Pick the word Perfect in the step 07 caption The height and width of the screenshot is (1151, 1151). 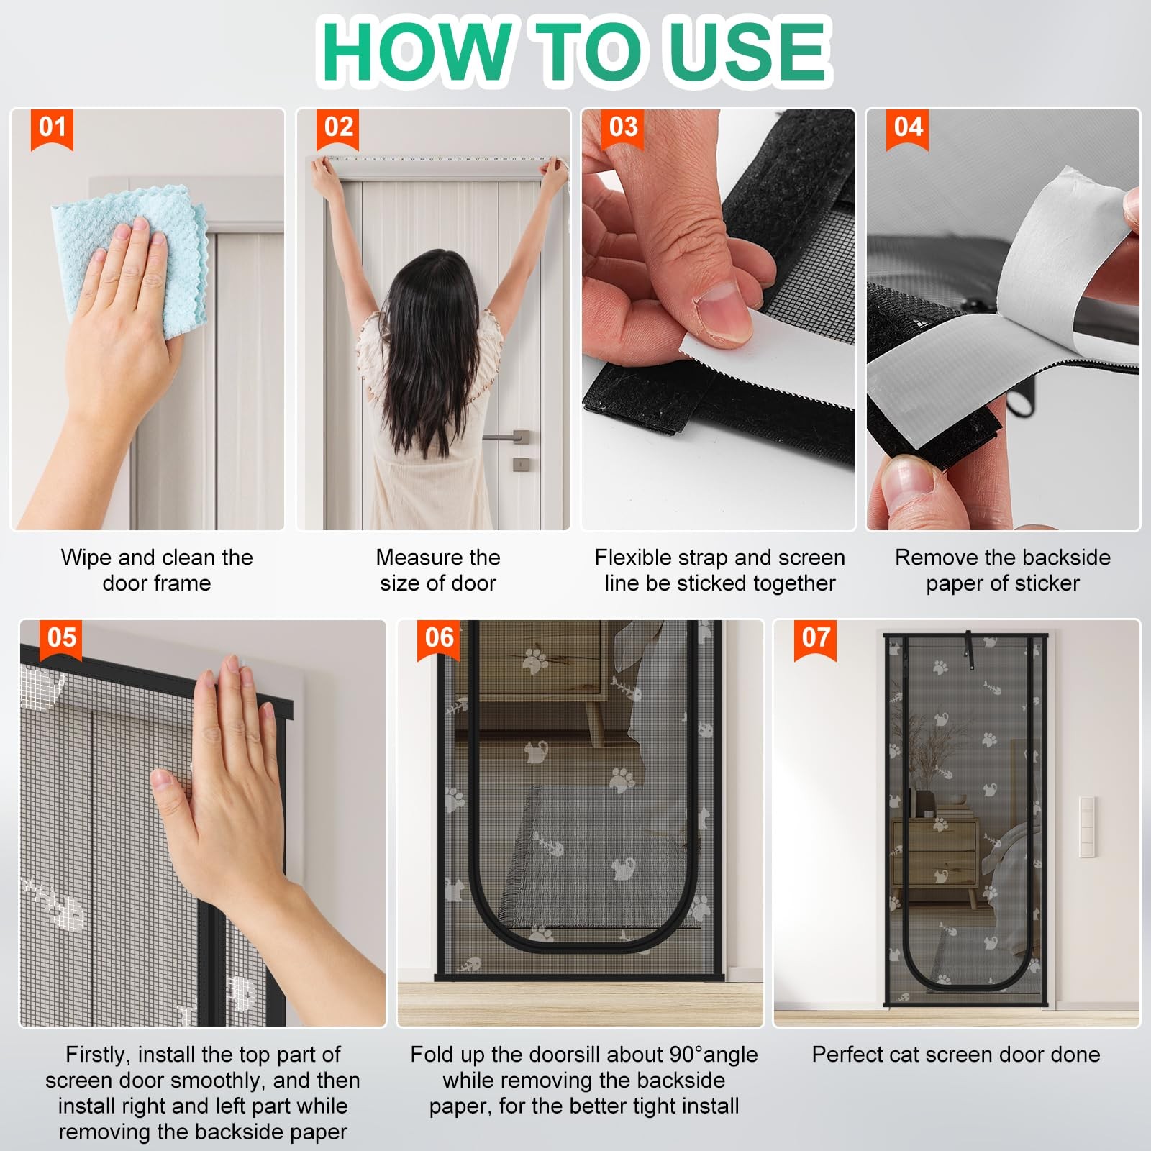[x=848, y=1055]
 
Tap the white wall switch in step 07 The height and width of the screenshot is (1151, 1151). [x=1086, y=827]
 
